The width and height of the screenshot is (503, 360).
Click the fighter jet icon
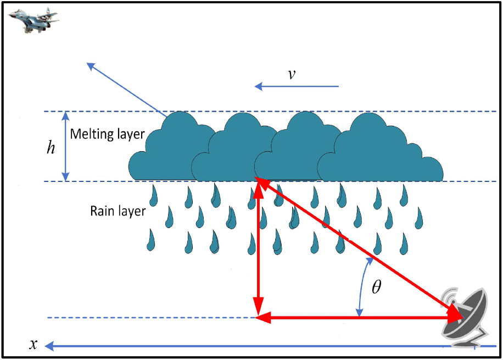pos(34,19)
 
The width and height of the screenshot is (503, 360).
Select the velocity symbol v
pos(292,74)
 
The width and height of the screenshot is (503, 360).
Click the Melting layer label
pos(107,134)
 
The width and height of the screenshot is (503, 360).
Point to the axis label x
pos(33,345)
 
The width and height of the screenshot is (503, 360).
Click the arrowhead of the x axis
pos(49,346)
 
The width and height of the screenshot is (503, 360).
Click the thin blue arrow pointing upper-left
pos(126,88)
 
